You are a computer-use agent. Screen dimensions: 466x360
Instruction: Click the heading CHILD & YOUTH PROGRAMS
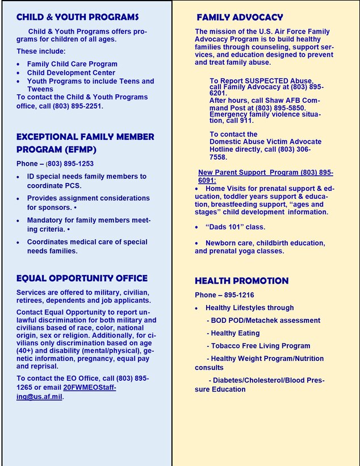tap(77, 17)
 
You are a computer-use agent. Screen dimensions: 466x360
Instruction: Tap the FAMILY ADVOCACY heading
tap(240, 18)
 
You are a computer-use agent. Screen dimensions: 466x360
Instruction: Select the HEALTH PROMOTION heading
tap(241, 281)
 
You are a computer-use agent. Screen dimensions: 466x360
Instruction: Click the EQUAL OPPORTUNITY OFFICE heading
tap(82, 278)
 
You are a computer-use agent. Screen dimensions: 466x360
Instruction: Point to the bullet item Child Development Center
tap(71, 73)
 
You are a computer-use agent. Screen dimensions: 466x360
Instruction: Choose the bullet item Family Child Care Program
tap(72, 64)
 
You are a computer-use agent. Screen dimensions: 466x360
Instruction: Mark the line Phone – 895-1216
tap(224, 295)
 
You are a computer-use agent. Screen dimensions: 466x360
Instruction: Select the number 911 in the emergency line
tap(246, 120)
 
